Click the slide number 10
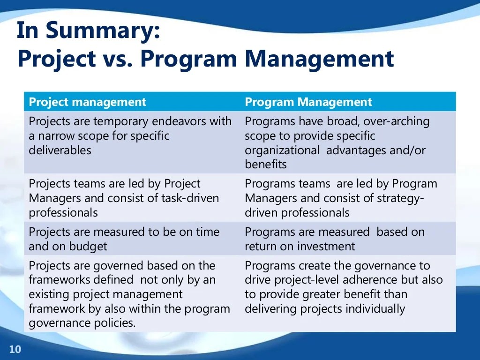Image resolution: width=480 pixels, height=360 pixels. [x=15, y=349]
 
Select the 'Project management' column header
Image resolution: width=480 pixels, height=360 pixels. [x=87, y=102]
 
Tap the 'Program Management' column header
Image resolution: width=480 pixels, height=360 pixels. [x=308, y=102]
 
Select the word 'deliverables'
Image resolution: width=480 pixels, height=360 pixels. [x=60, y=150]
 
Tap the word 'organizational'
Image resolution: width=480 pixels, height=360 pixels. [x=282, y=150]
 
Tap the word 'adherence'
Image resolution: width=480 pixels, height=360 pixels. [x=344, y=280]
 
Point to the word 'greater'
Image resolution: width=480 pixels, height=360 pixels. [x=319, y=294]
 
